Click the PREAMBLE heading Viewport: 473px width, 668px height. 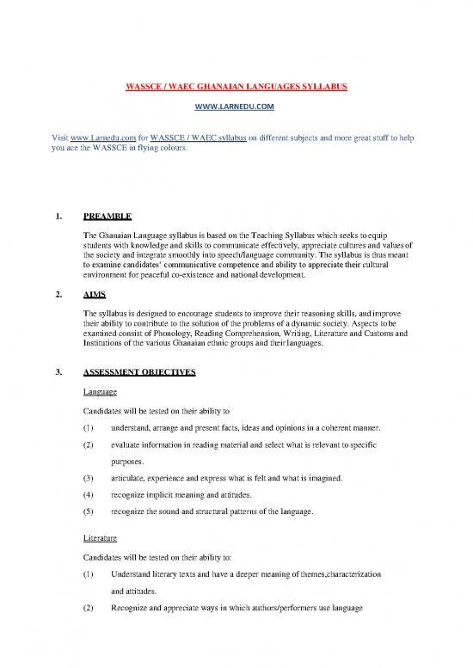pos(109,217)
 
